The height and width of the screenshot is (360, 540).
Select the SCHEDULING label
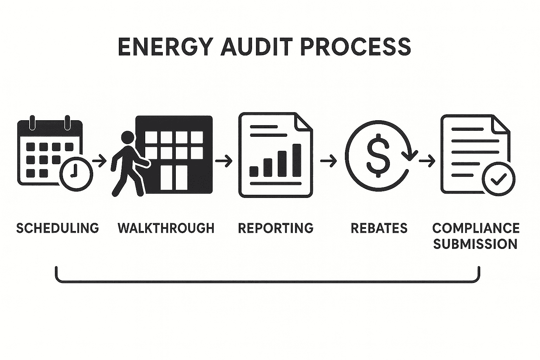click(x=58, y=228)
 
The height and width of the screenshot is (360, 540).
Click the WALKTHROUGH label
click(x=166, y=228)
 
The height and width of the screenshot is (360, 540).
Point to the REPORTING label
click(x=276, y=228)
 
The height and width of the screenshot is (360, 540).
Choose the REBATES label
click(x=379, y=228)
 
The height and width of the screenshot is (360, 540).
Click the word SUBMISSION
click(x=475, y=244)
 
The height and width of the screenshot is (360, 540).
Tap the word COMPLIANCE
click(x=476, y=228)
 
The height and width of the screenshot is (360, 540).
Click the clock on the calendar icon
click(x=76, y=174)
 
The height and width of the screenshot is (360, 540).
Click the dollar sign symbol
click(x=378, y=155)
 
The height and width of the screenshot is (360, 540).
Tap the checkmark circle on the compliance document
click(x=498, y=179)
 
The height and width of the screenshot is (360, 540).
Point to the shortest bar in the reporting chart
click(x=254, y=171)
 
